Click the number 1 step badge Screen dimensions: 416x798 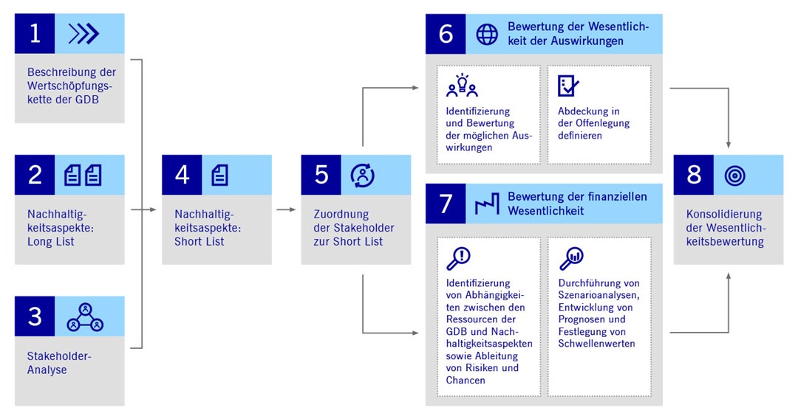[35, 33]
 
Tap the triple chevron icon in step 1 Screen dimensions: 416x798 [83, 34]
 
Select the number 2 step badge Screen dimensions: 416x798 [35, 175]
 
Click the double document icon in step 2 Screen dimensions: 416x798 [83, 175]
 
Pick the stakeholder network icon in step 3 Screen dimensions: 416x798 [85, 316]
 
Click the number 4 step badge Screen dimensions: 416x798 [182, 175]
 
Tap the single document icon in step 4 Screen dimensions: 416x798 [220, 175]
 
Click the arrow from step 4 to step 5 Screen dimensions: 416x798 [286, 209]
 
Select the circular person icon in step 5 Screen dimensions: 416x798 [362, 175]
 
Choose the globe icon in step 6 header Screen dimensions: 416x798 [487, 34]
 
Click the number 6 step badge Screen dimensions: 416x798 [446, 34]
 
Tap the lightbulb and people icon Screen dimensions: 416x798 [462, 86]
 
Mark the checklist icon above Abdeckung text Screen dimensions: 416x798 [568, 86]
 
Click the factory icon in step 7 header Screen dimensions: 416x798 [487, 204]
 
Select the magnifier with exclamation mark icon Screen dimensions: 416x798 [459, 257]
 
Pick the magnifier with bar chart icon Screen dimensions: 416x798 [571, 258]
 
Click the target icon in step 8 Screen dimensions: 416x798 [734, 175]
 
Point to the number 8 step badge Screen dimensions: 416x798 [694, 175]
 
